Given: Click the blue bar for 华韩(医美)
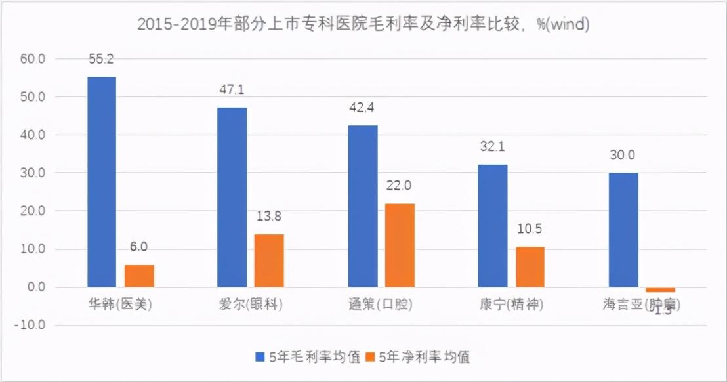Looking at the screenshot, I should point(102,182).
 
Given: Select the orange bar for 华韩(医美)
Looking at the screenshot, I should point(140,276).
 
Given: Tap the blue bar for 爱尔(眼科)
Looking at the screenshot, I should point(232,197).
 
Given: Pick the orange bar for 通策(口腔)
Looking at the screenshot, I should point(400,245).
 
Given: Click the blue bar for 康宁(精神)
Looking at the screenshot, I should point(493,226).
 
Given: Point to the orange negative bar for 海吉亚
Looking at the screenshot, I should point(660,289).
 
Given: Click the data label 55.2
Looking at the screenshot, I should point(102,59).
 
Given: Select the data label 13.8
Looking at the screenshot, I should point(270,216).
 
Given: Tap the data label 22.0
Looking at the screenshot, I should point(399,186).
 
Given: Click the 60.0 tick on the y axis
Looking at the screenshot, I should point(32,59).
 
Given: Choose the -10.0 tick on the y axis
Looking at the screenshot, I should point(30,326).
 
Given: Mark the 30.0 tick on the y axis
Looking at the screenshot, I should point(32,173).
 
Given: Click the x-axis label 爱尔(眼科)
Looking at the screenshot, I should point(251,305).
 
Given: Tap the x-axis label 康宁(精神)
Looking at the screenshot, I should point(512,305).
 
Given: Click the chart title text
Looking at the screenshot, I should point(363,24).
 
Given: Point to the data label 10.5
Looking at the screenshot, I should point(530,229).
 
